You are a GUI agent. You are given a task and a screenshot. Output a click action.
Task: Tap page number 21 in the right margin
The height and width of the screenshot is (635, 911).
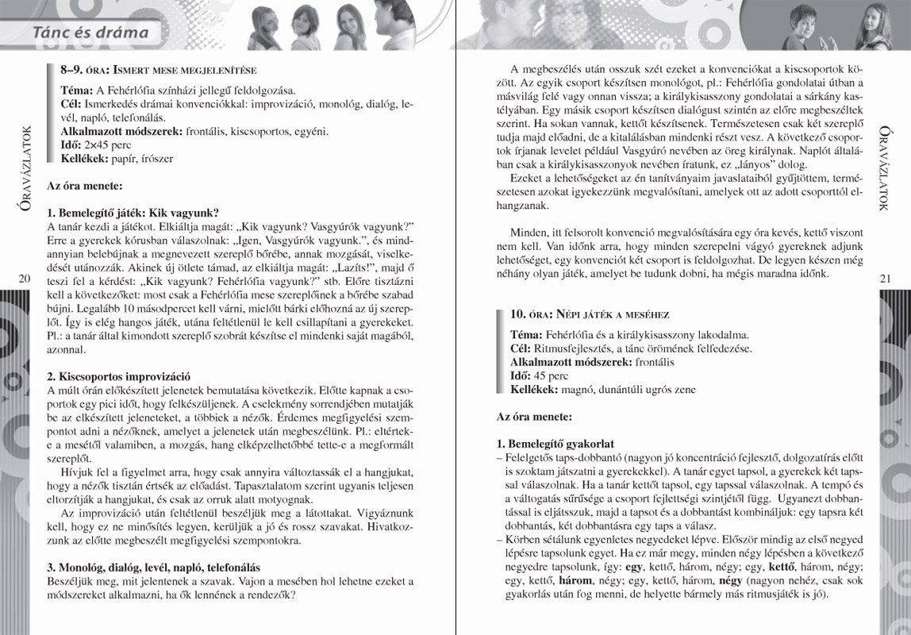pyautogui.click(x=886, y=278)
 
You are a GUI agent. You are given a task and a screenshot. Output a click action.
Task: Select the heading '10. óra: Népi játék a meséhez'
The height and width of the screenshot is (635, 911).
pyautogui.click(x=590, y=314)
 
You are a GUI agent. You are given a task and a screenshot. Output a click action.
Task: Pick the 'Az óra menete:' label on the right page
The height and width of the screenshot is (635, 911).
pyautogui.click(x=534, y=416)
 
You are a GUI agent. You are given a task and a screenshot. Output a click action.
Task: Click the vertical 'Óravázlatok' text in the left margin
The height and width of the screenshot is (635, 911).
pyautogui.click(x=22, y=171)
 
